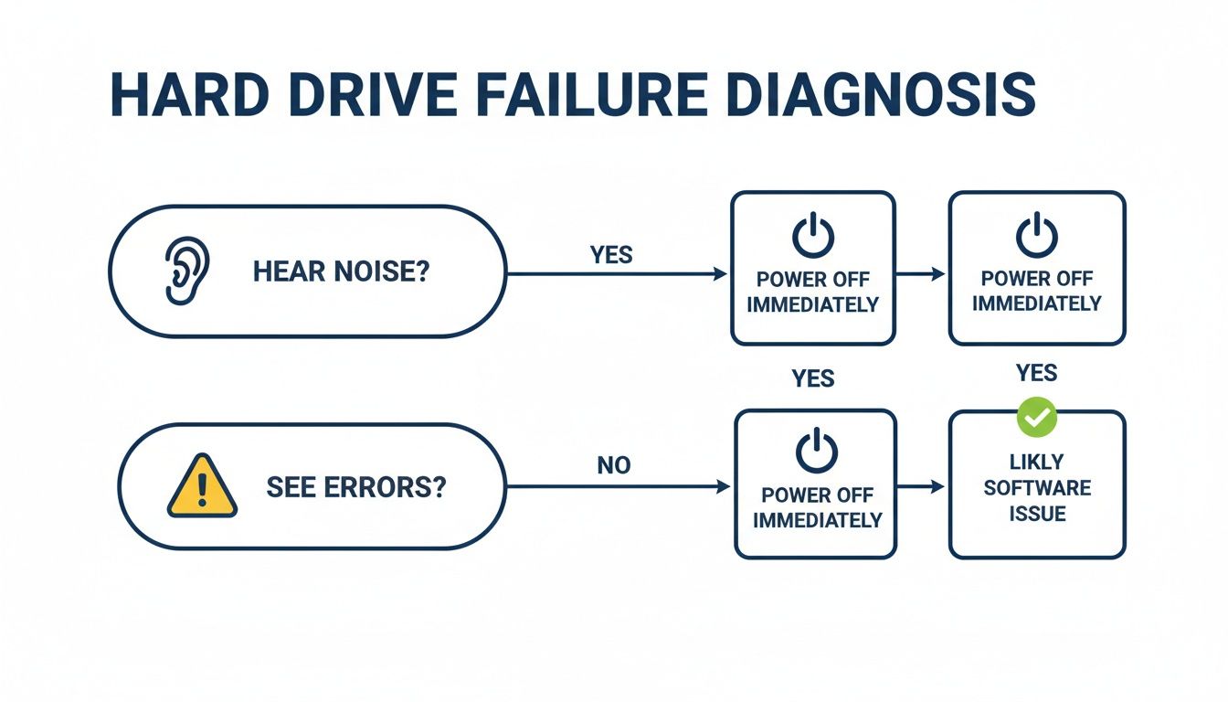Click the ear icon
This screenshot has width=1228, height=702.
[186, 271]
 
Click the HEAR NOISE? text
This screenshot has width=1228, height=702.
[341, 271]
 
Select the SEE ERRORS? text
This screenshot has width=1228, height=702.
[356, 486]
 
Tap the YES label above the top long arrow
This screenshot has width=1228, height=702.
[611, 255]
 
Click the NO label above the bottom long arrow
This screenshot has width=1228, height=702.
[614, 466]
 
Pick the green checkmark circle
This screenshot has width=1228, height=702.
[1037, 417]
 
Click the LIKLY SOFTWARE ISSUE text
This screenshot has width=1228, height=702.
[1037, 487]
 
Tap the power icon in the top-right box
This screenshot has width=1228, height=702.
[1037, 236]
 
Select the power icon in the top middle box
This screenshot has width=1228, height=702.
[812, 236]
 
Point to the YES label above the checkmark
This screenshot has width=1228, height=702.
[1037, 373]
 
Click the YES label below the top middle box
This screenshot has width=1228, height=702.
[813, 378]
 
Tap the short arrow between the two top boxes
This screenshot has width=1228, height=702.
[921, 273]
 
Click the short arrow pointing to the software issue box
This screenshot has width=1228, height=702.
[921, 488]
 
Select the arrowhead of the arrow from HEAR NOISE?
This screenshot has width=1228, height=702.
[719, 273]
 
